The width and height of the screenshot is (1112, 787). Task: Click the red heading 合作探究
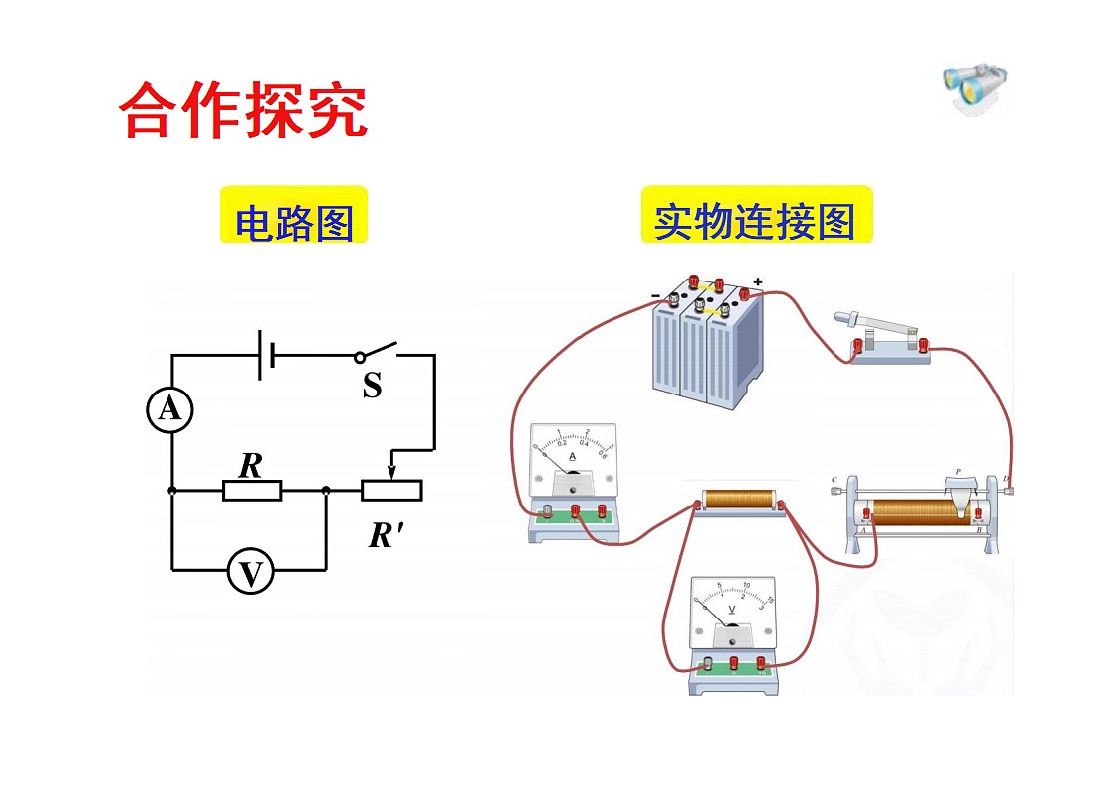[243, 110]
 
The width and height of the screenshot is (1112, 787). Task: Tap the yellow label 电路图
[293, 223]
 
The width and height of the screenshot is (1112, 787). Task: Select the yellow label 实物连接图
[755, 221]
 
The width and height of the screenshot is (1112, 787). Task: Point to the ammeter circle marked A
[170, 409]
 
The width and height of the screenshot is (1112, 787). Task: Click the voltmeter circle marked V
[251, 573]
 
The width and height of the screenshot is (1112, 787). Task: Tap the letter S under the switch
[372, 387]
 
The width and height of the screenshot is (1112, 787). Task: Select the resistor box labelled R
[253, 490]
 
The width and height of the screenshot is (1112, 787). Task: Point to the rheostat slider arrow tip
[391, 473]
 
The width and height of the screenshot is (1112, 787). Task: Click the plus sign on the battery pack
[758, 282]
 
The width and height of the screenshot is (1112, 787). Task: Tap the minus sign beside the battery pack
[655, 295]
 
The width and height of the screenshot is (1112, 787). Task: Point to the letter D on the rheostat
[1006, 479]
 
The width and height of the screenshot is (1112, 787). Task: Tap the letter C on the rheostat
[834, 479]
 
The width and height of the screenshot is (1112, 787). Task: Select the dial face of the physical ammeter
[572, 455]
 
